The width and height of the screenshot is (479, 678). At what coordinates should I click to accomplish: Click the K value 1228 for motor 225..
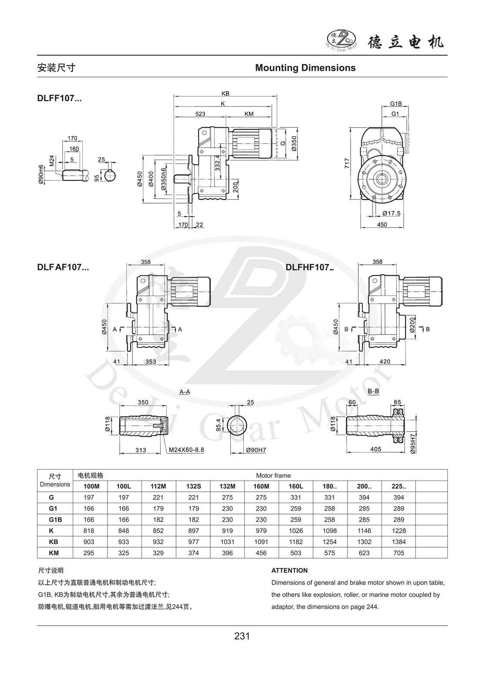click(398, 531)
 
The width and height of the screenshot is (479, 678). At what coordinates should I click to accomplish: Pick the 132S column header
click(193, 486)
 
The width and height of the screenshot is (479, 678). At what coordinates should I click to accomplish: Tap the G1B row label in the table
click(54, 519)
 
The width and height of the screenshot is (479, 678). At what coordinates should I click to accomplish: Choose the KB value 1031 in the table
click(227, 542)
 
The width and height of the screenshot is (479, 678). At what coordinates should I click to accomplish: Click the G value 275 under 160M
click(261, 497)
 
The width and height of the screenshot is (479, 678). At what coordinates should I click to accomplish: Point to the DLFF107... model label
click(59, 99)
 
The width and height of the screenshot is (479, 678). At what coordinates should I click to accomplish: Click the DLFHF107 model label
click(309, 267)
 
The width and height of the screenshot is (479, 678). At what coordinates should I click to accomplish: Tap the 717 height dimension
click(347, 164)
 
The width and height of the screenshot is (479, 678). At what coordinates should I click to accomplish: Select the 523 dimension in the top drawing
click(200, 114)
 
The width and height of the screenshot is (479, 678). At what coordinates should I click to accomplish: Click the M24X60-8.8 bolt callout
click(186, 449)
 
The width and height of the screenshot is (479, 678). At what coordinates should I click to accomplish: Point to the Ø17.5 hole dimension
click(391, 213)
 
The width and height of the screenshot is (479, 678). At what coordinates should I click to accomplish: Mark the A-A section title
click(185, 392)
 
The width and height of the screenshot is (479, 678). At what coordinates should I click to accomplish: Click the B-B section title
click(373, 391)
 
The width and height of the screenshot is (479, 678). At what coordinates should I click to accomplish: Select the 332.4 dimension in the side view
click(217, 161)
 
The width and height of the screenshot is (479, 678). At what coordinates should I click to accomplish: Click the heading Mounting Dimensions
click(305, 68)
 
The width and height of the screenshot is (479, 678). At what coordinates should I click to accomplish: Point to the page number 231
click(242, 636)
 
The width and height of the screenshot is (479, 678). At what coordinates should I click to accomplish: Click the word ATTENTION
click(290, 570)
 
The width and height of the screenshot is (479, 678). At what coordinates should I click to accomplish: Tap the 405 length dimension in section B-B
click(375, 449)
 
